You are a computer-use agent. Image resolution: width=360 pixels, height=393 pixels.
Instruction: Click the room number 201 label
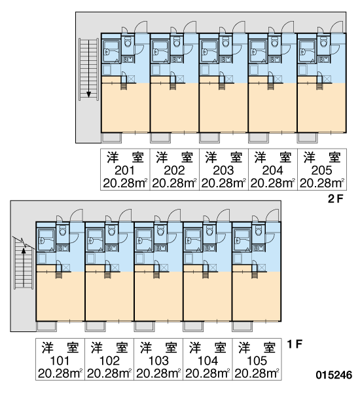pyautogui.click(x=124, y=170)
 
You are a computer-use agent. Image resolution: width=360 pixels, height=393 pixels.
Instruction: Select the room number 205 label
pyautogui.click(x=321, y=170)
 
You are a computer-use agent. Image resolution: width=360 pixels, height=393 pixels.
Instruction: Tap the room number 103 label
pyautogui.click(x=158, y=361)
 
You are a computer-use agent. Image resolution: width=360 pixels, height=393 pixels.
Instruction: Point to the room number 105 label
pyautogui.click(x=257, y=361)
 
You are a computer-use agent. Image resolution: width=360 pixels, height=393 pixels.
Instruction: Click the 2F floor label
pyautogui.click(x=335, y=199)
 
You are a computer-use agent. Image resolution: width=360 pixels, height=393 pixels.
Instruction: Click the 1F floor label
pyautogui.click(x=295, y=344)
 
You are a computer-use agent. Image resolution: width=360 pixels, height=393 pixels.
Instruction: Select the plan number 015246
pyautogui.click(x=334, y=375)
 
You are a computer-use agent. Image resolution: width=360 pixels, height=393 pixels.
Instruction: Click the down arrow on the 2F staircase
pyautogui.click(x=88, y=68)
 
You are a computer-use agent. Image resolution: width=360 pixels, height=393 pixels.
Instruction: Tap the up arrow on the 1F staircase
pyautogui.click(x=24, y=267)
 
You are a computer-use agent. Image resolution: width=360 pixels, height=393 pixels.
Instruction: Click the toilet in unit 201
pyautogui.click(x=128, y=42)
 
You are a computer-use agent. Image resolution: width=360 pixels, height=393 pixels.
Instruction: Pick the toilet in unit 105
pyautogui.click(x=259, y=231)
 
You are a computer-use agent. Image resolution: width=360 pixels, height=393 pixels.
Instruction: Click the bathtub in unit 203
pyautogui.click(x=209, y=52)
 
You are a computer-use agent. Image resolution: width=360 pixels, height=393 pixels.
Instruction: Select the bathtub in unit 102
pyautogui.click(x=95, y=240)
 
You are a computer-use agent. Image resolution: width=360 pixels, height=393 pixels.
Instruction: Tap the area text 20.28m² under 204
pyautogui.click(x=272, y=183)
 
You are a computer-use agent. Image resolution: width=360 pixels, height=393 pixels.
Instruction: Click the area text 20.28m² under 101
pyautogui.click(x=60, y=374)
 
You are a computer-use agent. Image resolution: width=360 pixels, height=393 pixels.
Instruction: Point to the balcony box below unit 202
pyautogui.click(x=160, y=138)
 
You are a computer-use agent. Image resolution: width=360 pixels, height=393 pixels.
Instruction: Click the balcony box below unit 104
pyautogui.click(x=193, y=326)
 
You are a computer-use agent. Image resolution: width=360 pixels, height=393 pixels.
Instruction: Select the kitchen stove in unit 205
pyautogui.click(x=324, y=60)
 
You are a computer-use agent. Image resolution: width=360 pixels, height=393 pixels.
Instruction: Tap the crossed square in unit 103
pyautogui.click(x=164, y=268)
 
